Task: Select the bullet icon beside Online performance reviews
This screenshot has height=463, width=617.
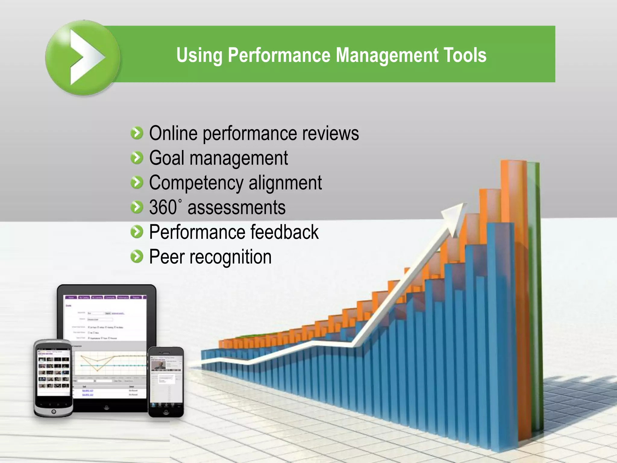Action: click(137, 133)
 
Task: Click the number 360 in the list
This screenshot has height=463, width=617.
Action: click(163, 207)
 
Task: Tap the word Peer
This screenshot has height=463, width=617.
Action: click(167, 257)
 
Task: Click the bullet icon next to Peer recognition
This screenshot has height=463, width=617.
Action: click(137, 257)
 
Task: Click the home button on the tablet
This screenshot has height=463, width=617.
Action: click(106, 408)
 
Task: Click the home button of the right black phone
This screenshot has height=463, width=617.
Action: click(166, 412)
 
